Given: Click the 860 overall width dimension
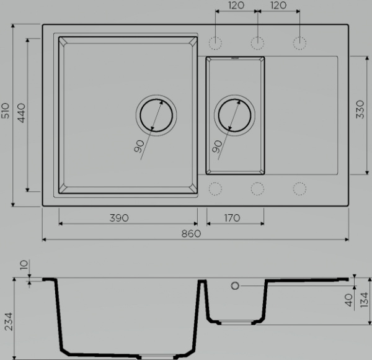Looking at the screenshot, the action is [191, 233].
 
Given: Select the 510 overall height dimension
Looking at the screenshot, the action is [6, 110].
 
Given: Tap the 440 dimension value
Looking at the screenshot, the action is [21, 113].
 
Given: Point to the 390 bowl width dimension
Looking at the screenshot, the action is [119, 218].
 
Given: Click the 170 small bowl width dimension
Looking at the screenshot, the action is [232, 218].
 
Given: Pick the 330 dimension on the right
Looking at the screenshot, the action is [360, 109].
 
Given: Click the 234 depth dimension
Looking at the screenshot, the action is [9, 322].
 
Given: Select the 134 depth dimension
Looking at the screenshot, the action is [364, 300].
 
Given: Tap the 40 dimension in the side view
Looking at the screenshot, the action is [348, 300].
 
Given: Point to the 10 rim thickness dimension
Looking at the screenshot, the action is [24, 265].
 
